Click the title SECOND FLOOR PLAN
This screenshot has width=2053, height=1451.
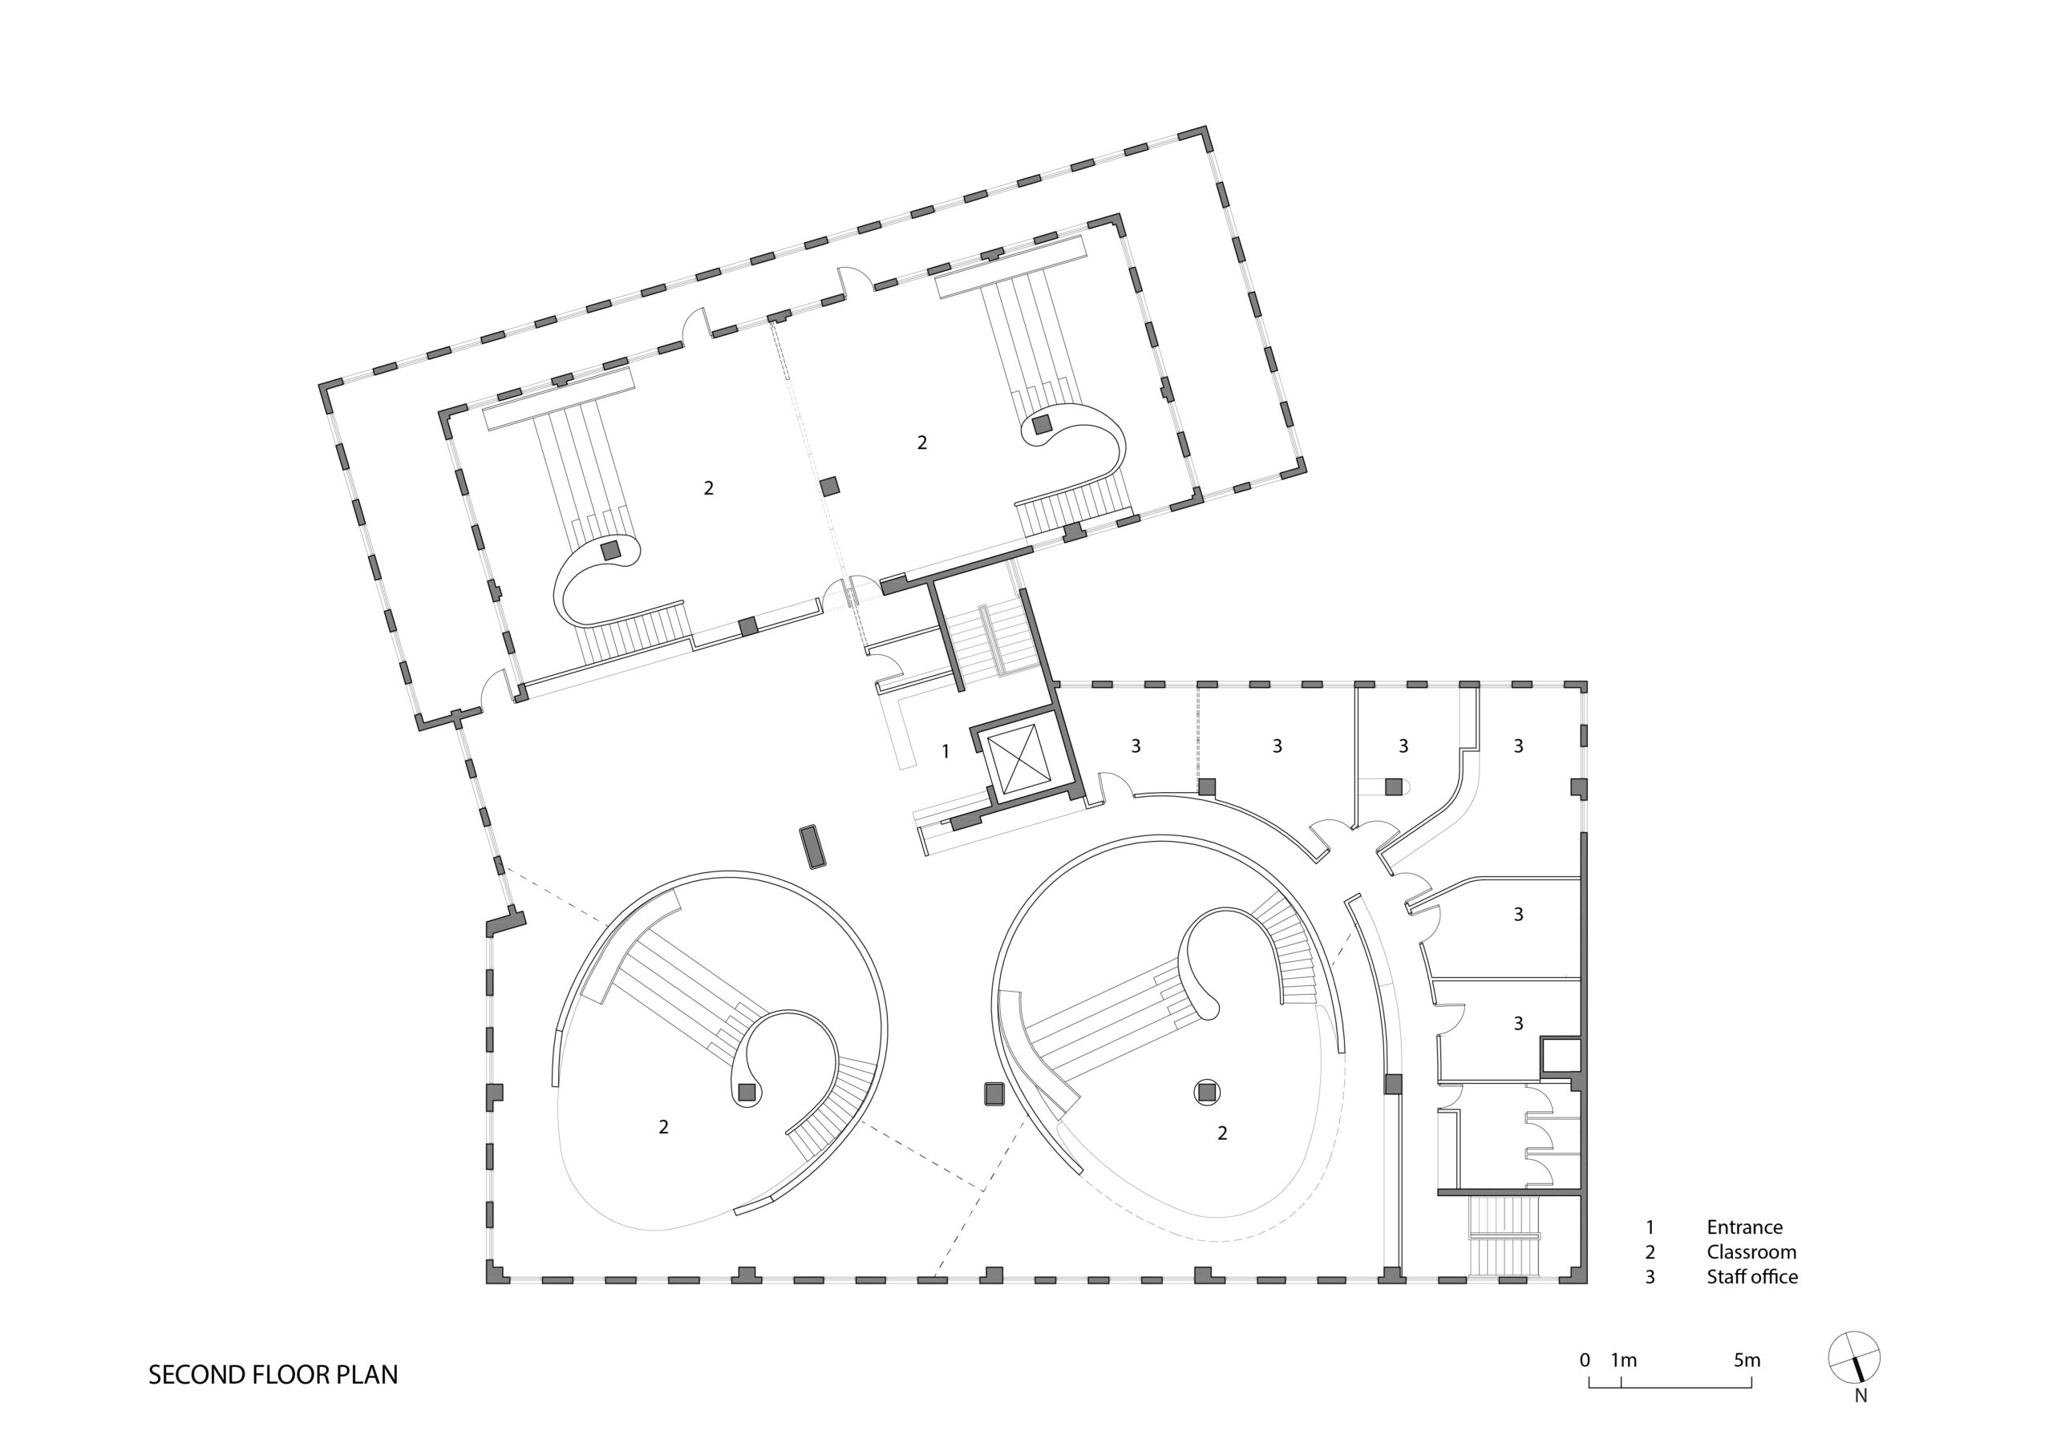[x=273, y=1375]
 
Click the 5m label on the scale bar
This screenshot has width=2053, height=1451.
[x=1747, y=1360]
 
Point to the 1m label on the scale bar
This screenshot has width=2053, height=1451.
[x=1624, y=1360]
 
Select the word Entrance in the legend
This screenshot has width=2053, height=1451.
[x=1744, y=1227]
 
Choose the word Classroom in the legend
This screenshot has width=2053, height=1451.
[x=1751, y=1252]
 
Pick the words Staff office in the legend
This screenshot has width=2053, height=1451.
[x=1752, y=1277]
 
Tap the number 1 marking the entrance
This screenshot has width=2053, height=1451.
[x=946, y=752]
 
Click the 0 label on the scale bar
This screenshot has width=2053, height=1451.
[x=1585, y=1360]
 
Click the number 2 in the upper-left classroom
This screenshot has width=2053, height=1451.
[x=709, y=488]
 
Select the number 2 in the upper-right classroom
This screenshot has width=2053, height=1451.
[x=922, y=442]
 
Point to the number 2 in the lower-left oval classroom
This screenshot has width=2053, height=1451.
[x=663, y=1127]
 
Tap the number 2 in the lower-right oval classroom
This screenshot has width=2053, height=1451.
[x=1222, y=1134]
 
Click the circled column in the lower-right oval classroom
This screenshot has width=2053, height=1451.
[x=1208, y=1093]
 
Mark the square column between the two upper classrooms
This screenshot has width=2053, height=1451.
[x=831, y=487]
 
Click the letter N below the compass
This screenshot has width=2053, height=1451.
[x=1861, y=1396]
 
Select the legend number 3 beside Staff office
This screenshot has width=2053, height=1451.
[x=1650, y=1277]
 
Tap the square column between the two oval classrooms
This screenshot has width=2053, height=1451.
[x=994, y=1094]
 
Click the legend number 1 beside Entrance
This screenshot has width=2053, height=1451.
[x=1650, y=1227]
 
